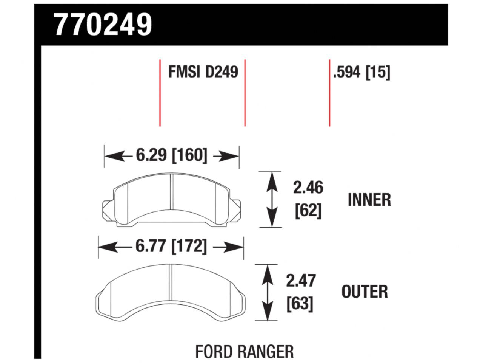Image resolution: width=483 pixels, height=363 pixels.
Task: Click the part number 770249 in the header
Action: (103, 25)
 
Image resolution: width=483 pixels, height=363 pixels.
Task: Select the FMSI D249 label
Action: (203, 71)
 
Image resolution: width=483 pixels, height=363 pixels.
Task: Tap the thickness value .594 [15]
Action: (361, 72)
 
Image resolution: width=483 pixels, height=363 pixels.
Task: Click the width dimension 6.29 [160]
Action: (172, 155)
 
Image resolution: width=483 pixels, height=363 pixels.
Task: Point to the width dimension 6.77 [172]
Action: (171, 247)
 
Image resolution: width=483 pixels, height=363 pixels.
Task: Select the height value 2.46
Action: (308, 188)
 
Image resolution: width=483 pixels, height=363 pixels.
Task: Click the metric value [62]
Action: (308, 211)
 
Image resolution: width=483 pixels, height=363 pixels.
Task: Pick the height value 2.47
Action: (301, 281)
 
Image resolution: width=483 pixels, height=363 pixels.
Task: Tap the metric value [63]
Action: (300, 304)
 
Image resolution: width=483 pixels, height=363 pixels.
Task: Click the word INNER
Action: (369, 200)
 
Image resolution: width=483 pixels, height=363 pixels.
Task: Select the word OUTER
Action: (365, 292)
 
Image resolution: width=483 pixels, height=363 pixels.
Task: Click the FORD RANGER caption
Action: (244, 352)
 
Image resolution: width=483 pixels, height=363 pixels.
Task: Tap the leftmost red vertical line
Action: (160, 93)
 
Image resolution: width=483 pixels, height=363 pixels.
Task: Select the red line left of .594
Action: (329, 93)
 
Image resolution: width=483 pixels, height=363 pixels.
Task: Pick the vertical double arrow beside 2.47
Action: (267, 292)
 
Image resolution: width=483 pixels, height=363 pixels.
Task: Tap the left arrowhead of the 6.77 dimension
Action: (106, 248)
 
